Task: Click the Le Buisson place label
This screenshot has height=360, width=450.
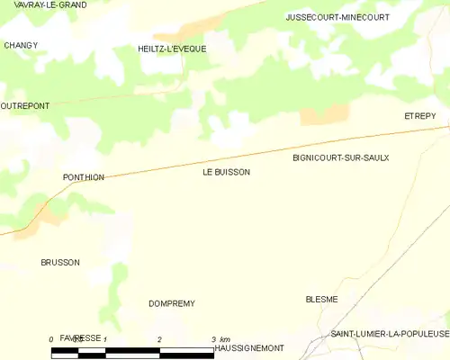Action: tap(220, 172)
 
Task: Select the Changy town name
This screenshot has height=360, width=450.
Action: tap(21, 45)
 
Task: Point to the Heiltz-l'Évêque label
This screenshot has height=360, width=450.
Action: tap(172, 49)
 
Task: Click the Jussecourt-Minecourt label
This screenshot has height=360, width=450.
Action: tap(337, 17)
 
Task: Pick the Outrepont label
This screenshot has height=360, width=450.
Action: tap(25, 105)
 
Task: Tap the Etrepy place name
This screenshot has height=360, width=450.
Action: tap(419, 116)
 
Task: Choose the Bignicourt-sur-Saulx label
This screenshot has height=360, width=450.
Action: tap(340, 157)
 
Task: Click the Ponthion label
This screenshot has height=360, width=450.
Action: tap(84, 177)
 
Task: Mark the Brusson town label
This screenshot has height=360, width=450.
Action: tap(60, 263)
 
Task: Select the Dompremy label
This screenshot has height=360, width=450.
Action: tap(172, 304)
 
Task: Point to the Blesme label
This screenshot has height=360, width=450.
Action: tap(321, 300)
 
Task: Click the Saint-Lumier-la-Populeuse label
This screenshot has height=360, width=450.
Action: tap(389, 334)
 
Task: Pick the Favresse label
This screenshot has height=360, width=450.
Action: tap(81, 337)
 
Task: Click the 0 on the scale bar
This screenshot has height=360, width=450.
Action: tap(51, 339)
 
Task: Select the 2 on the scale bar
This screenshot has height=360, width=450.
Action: tap(159, 339)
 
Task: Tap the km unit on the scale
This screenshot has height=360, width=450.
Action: tap(224, 339)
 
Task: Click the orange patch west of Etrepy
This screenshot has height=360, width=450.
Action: tap(324, 114)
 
